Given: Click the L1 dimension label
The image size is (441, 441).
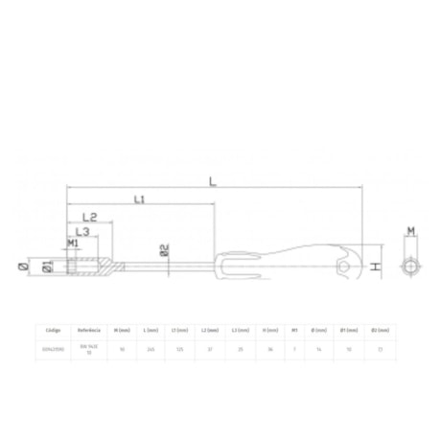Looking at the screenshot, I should point(138,199).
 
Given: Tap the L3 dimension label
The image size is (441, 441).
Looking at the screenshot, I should point(84,232).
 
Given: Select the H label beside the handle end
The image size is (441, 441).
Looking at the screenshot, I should point(377,267).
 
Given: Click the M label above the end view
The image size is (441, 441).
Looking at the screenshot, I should point(409,231).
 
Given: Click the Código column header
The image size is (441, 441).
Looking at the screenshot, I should point(54,329).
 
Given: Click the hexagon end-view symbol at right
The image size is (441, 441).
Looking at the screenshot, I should point(409,266).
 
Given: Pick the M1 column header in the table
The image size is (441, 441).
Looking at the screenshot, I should point(294,329).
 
